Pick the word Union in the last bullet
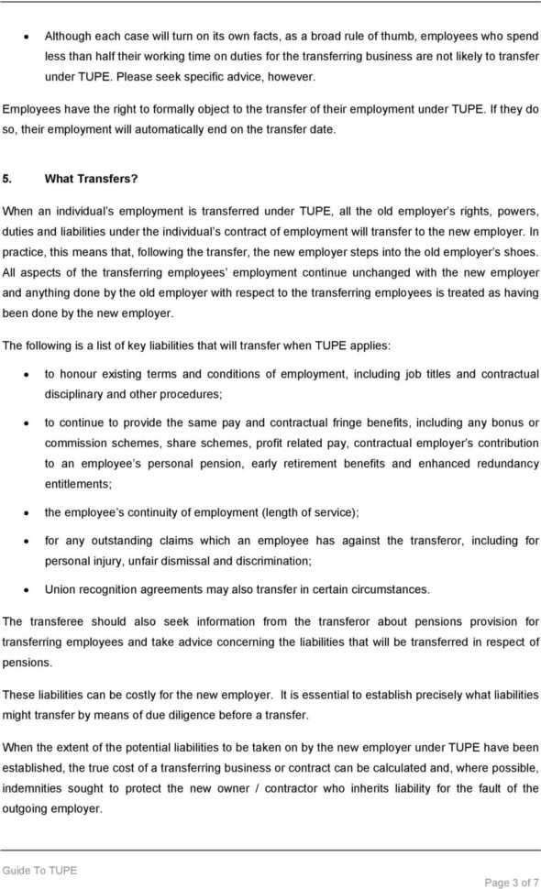pyautogui.click(x=61, y=589)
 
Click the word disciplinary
pyautogui.click(x=74, y=393)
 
